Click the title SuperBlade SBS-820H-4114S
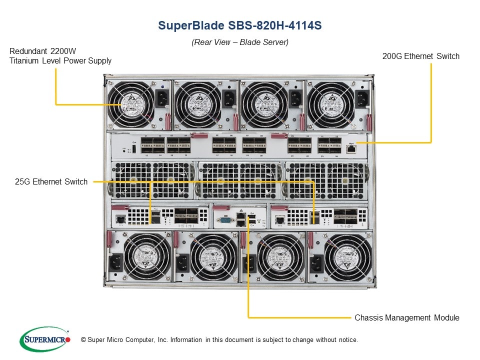(x=239, y=25)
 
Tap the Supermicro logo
(x=44, y=339)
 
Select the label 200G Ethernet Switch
(x=420, y=56)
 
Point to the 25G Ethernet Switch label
(x=51, y=182)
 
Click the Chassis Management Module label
(x=406, y=317)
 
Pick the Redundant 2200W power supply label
(x=60, y=56)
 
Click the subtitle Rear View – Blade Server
(x=240, y=42)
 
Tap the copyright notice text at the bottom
(x=216, y=340)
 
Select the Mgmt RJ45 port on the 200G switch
(x=350, y=148)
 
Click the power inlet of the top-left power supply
(x=162, y=99)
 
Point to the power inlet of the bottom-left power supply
(x=115, y=261)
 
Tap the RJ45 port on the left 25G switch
(x=120, y=219)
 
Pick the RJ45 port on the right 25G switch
(x=280, y=219)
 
